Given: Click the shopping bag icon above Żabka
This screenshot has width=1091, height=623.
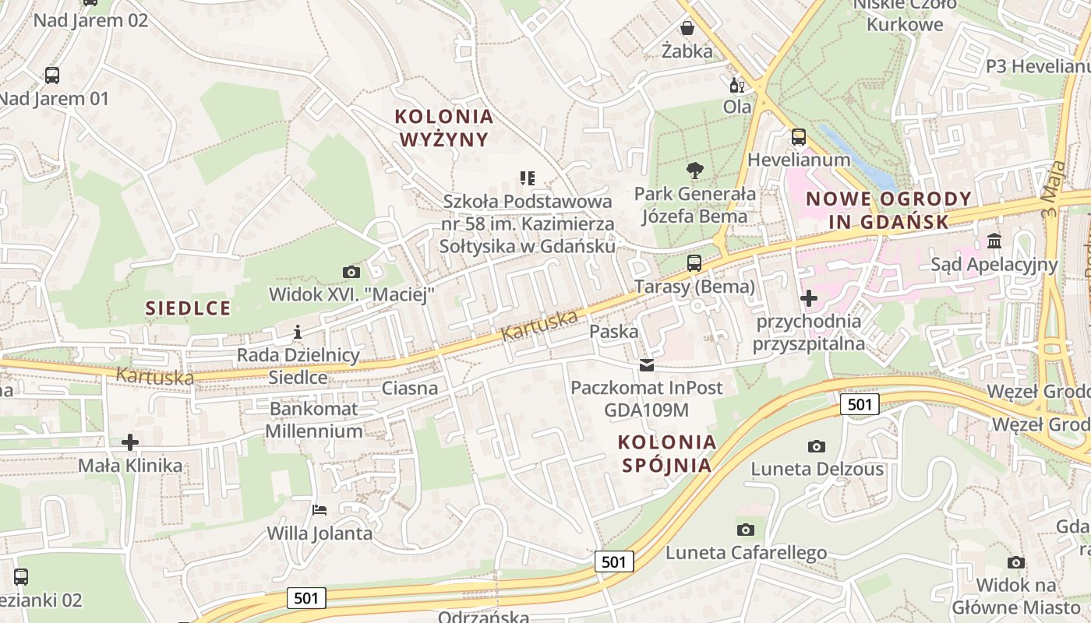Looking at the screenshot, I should [687, 29].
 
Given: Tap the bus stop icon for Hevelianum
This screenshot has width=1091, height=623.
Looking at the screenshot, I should [799, 137].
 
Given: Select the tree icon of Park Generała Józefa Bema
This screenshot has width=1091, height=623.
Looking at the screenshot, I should [694, 170].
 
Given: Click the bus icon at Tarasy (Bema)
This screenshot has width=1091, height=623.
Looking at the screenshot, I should [694, 263].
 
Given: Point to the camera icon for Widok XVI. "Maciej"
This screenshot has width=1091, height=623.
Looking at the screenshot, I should [351, 272].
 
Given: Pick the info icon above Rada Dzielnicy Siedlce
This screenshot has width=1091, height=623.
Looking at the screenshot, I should [297, 333].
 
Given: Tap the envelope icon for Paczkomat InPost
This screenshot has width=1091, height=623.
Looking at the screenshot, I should [647, 364].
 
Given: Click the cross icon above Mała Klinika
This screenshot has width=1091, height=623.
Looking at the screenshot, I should [130, 442].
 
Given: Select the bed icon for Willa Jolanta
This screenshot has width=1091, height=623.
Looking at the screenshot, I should [320, 510].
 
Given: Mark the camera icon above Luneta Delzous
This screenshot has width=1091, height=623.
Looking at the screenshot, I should [817, 446].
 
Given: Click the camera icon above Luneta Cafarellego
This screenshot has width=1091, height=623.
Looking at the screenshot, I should [746, 530].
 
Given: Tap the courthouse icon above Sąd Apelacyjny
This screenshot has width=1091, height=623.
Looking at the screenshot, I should [994, 241].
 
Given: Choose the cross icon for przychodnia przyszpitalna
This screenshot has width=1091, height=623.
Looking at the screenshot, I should [809, 297].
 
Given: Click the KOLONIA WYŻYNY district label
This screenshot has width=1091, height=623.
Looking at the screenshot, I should [444, 128].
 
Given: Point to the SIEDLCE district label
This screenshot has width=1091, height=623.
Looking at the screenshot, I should [189, 308].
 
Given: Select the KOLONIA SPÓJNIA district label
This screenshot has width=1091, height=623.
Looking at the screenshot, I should [666, 454].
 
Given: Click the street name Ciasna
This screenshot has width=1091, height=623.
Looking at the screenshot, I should [410, 388].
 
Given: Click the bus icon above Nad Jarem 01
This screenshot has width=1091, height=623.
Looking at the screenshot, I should [52, 76].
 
